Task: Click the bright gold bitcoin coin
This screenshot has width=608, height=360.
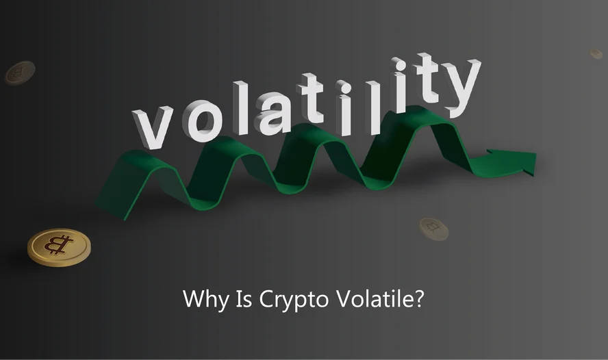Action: point(59,247)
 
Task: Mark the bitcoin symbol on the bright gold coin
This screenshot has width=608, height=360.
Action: point(59,244)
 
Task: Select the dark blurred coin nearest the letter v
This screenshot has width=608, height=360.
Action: point(20,73)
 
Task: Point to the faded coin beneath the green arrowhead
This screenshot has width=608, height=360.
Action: point(434,229)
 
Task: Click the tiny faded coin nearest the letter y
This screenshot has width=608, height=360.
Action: point(596,53)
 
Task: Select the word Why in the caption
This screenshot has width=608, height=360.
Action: point(205,299)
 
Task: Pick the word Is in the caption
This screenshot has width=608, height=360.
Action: point(244,299)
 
